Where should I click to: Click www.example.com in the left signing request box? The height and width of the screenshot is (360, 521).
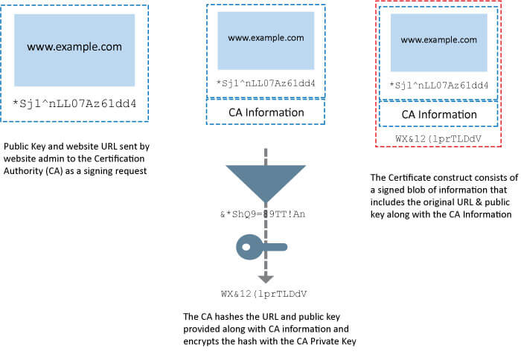[x=74, y=47]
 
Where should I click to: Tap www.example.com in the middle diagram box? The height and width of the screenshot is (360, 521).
[x=266, y=37]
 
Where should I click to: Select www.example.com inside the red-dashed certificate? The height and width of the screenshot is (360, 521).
[x=438, y=39]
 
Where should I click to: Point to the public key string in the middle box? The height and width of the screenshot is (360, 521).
[x=266, y=83]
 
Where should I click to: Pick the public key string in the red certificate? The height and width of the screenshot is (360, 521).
[x=438, y=86]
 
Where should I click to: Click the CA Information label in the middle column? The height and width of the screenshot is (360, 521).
[x=266, y=112]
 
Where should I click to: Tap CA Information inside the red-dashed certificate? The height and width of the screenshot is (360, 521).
[x=438, y=115]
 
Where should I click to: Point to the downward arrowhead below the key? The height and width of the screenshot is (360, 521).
[x=266, y=279]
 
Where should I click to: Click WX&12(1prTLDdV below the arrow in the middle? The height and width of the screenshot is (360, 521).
[x=266, y=293]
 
